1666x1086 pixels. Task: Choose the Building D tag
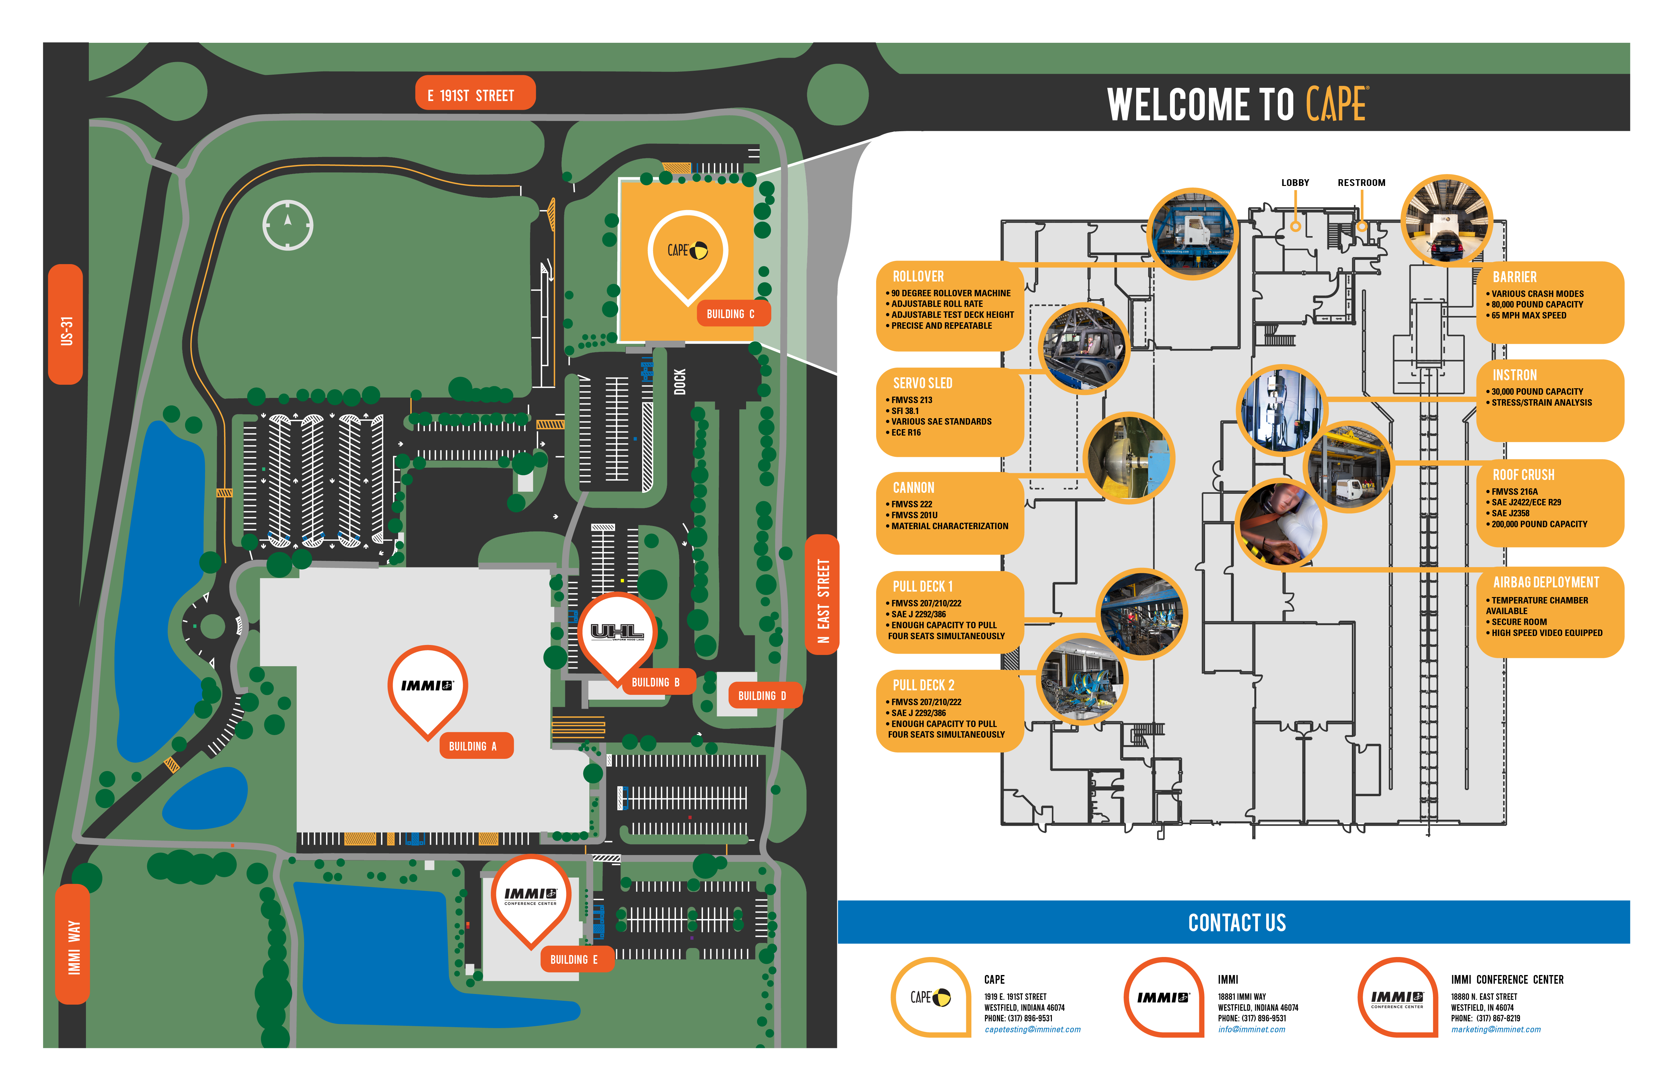tap(762, 695)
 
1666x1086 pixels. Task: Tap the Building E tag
tap(574, 959)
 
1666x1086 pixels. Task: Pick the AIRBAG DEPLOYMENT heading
tap(1546, 582)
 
